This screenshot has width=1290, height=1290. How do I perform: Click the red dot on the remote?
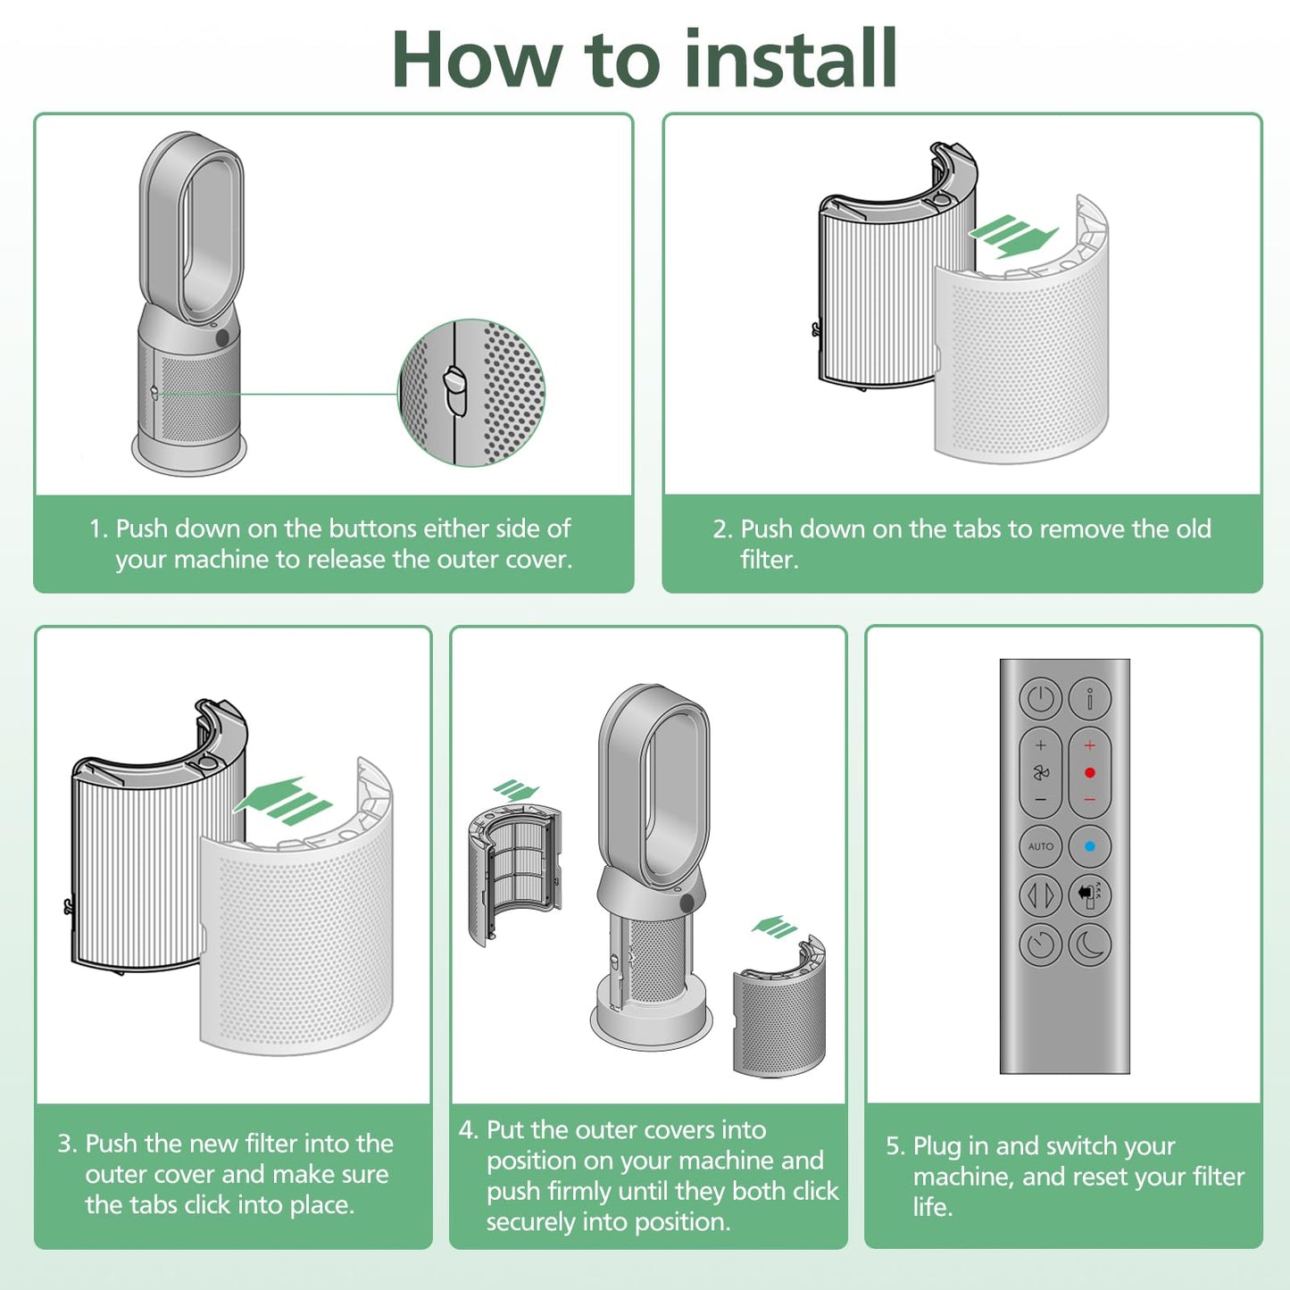coord(1090,772)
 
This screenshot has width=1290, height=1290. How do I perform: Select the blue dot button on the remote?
coord(1090,846)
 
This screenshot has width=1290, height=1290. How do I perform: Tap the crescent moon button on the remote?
coord(1090,945)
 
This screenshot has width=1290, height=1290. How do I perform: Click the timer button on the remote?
coord(1040,945)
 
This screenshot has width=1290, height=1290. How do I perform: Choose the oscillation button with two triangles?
coord(1040,895)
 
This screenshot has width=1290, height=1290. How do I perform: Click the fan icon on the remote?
coord(1040,773)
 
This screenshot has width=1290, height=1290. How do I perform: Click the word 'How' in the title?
coord(476,60)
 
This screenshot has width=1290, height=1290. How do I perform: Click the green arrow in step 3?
coord(282,801)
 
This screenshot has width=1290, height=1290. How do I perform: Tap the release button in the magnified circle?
coord(455,389)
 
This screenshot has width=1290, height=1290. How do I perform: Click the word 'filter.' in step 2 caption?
coord(770,560)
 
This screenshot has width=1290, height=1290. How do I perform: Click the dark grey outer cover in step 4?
coord(779,1007)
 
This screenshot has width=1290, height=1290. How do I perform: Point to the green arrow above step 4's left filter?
coord(515,790)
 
